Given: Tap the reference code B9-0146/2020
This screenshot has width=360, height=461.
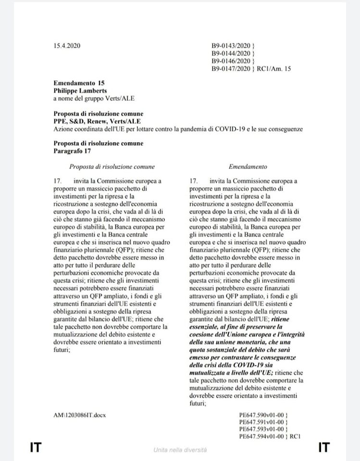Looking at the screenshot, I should (x=231, y=61).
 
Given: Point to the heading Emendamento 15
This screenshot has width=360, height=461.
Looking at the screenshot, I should (x=79, y=84).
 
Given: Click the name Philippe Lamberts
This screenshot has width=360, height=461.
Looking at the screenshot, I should (x=80, y=91).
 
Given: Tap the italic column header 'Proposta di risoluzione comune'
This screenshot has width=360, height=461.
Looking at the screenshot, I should (x=112, y=167).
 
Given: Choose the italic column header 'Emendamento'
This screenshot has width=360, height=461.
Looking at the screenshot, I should (x=248, y=167).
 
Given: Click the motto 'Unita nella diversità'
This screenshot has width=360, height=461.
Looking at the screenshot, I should (x=180, y=450).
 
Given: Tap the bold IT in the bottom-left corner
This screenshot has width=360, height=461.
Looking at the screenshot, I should (x=35, y=448).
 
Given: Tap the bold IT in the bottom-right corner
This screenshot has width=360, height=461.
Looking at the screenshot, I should (x=324, y=448).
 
